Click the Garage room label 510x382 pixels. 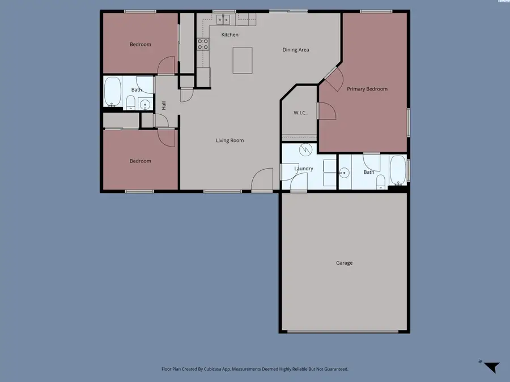pyautogui.click(x=344, y=263)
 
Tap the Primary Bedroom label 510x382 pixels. pyautogui.click(x=367, y=89)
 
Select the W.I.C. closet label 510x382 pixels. pyautogui.click(x=300, y=113)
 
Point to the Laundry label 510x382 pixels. pyautogui.click(x=304, y=169)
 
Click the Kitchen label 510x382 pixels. pyautogui.click(x=229, y=35)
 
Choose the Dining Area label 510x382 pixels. pyautogui.click(x=296, y=50)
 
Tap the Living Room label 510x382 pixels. pyautogui.click(x=229, y=140)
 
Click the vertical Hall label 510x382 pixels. pyautogui.click(x=164, y=105)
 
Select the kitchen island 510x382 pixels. pyautogui.click(x=243, y=60)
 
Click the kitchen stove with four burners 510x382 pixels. pyautogui.click(x=202, y=44)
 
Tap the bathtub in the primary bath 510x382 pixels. pyautogui.click(x=398, y=170)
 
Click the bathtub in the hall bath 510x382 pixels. pyautogui.click(x=113, y=91)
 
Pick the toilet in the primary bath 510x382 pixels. pyautogui.click(x=381, y=181)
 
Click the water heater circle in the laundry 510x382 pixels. pyautogui.click(x=305, y=150)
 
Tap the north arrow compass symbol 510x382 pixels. pyautogui.click(x=491, y=366)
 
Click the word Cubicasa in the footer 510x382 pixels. pyautogui.click(x=229, y=369)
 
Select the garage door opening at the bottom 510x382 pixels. pyautogui.click(x=344, y=332)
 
